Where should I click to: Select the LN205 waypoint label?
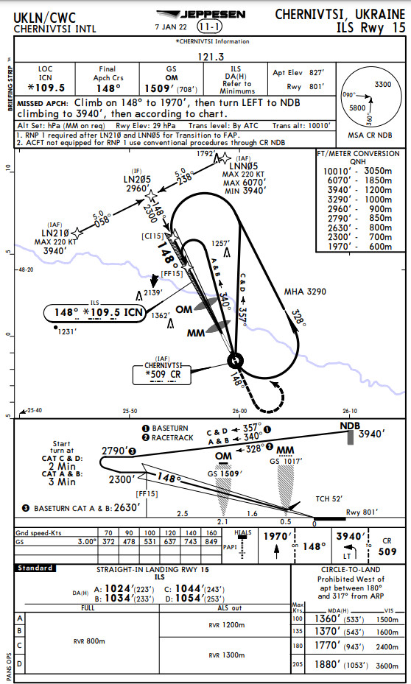137,178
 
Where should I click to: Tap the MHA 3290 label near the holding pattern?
305,292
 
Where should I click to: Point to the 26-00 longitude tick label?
240,410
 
